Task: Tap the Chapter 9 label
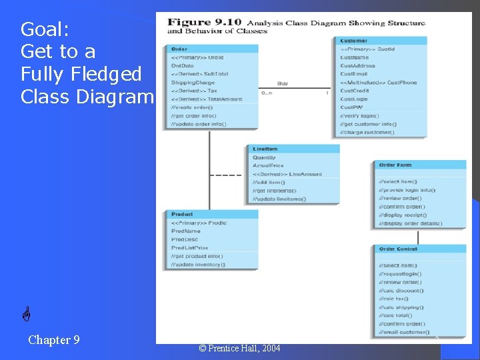point(54,340)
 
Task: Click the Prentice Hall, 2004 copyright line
point(239,348)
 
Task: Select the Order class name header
point(179,49)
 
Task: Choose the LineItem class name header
point(265,149)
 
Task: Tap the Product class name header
point(182,214)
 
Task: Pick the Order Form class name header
point(395,165)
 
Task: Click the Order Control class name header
point(398,249)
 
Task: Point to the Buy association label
point(283,83)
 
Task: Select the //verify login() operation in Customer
point(359,115)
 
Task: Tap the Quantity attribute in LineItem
point(265,157)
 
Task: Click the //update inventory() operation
point(198,265)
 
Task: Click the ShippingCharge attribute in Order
point(193,83)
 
